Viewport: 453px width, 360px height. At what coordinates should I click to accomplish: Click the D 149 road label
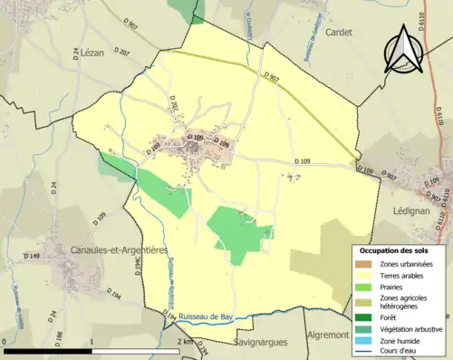click(x=34, y=257)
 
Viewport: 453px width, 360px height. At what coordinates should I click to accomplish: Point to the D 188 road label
click(x=33, y=337)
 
